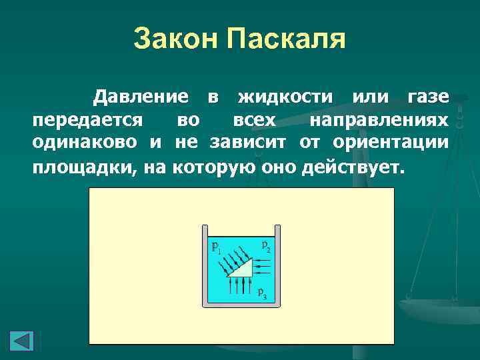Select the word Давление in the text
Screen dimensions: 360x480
pyautogui.click(x=140, y=97)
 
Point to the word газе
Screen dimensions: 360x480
pyautogui.click(x=427, y=97)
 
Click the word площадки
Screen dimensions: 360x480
pyautogui.click(x=83, y=166)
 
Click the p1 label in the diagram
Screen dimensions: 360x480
pyautogui.click(x=216, y=247)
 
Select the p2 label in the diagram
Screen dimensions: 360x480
pyautogui.click(x=265, y=246)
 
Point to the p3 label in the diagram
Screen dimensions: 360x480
pyautogui.click(x=262, y=295)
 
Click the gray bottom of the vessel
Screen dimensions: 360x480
pyautogui.click(x=241, y=305)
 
